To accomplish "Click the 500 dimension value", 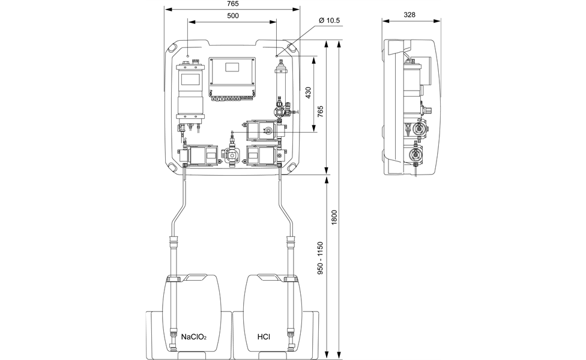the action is (x=232, y=16).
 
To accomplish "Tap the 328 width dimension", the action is (x=409, y=15).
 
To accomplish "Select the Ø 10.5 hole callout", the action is (x=329, y=20).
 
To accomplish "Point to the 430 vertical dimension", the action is (x=309, y=93).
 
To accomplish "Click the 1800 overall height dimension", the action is (x=334, y=217).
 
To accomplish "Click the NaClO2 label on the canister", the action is (x=193, y=337).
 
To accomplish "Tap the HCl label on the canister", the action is (x=264, y=337).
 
